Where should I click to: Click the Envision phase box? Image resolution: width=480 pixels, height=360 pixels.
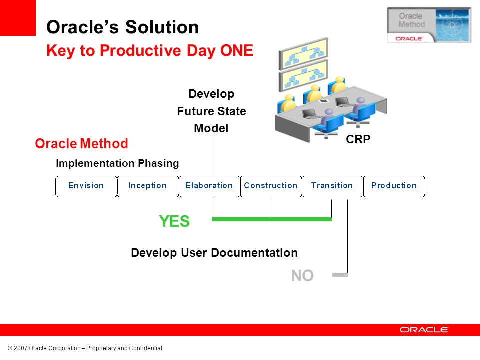(x=86, y=186)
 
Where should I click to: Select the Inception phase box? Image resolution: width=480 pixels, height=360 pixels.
(x=148, y=186)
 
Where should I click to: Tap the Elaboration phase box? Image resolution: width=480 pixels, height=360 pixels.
(x=209, y=186)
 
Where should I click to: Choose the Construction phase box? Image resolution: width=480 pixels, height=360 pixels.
(x=271, y=186)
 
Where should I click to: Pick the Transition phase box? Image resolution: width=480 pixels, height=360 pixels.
(x=333, y=186)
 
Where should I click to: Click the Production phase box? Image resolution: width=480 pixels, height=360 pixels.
(x=394, y=186)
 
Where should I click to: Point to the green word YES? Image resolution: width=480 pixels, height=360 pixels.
(x=174, y=221)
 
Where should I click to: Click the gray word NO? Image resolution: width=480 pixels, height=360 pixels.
(x=303, y=276)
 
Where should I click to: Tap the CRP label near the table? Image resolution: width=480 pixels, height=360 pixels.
(x=358, y=139)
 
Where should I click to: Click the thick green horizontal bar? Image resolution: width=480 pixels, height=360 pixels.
(x=272, y=219)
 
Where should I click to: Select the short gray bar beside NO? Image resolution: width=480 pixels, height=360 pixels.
(x=340, y=275)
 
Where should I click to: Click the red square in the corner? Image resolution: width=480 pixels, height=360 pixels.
(x=18, y=18)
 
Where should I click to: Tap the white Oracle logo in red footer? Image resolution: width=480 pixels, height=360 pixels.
(x=423, y=329)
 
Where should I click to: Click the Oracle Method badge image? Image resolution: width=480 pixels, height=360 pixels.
(x=429, y=25)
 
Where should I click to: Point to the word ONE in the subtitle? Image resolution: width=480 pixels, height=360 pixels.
(x=236, y=50)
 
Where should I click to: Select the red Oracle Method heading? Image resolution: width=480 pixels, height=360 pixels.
(x=81, y=144)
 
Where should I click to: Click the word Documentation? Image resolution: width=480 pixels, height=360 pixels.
(x=254, y=253)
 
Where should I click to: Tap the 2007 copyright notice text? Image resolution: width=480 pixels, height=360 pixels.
(x=85, y=348)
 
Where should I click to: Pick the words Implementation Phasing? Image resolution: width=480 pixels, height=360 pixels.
(x=117, y=163)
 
